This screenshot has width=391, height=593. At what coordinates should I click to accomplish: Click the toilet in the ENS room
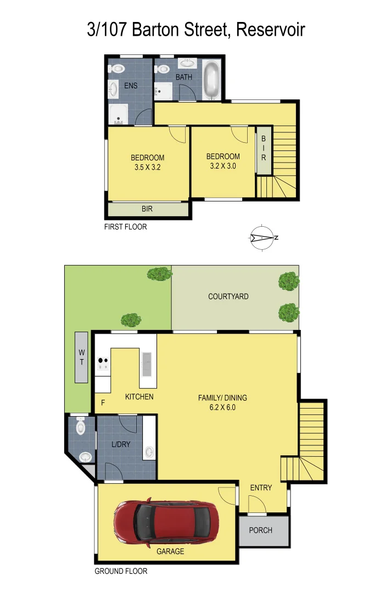[x=116, y=69]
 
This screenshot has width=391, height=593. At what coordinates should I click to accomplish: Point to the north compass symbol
[x=263, y=238]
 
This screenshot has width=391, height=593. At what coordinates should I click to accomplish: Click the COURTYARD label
[x=228, y=296]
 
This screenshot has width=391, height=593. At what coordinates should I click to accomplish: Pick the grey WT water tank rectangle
[x=81, y=357]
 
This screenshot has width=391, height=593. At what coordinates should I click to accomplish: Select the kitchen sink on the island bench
[x=147, y=363]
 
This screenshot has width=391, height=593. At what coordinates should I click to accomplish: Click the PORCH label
[x=260, y=530]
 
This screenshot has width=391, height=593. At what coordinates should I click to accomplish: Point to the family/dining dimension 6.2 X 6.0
[x=222, y=407]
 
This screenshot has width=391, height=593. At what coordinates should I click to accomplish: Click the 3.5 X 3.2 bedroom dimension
[x=147, y=168]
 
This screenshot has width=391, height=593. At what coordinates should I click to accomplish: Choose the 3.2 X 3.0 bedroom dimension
[x=223, y=166]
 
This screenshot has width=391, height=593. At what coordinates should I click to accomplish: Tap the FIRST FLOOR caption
[x=125, y=227]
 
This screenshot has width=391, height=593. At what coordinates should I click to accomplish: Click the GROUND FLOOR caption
[x=121, y=571]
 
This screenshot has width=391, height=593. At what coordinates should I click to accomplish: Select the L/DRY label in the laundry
[x=120, y=444]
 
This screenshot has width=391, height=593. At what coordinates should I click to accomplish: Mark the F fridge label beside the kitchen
[x=102, y=404]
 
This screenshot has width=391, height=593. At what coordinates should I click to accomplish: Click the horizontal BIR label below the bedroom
[x=147, y=209]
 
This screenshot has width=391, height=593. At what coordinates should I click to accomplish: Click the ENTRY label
[x=260, y=488]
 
